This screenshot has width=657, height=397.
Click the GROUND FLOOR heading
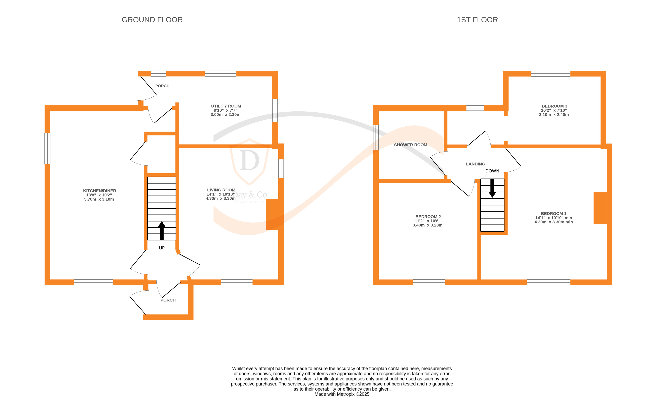point(152,20)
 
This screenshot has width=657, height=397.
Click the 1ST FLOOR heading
point(477,20)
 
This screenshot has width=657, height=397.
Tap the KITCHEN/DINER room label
point(99,191)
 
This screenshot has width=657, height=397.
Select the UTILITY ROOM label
point(226,106)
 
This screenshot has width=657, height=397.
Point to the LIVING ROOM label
point(221,190)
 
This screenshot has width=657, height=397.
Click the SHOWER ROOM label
point(410,145)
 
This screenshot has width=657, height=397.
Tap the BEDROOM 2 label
point(428,217)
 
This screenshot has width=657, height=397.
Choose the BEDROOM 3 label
point(554,106)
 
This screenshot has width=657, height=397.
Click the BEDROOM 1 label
point(553,213)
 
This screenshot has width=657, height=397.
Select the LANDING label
point(475,164)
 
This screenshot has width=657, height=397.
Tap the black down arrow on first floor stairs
point(492,188)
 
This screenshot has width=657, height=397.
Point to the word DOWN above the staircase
point(492,171)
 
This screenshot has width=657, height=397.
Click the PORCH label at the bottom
point(168,300)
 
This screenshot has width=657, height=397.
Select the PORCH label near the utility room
point(162,86)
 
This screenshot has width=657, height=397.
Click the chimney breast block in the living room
point(272,214)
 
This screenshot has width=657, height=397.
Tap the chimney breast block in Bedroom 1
point(600,208)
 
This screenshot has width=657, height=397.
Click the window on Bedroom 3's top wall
point(550,74)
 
